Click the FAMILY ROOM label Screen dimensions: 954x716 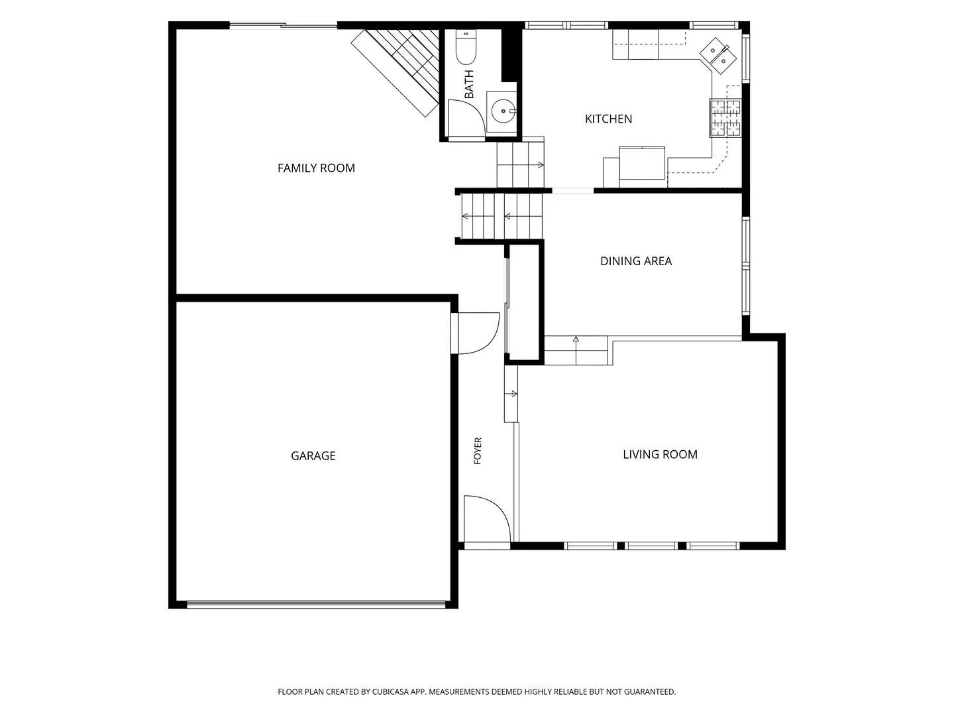pyautogui.click(x=316, y=168)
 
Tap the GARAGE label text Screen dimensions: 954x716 pyautogui.click(x=313, y=455)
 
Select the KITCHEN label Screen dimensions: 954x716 pyautogui.click(x=608, y=119)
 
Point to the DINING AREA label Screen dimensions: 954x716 pyautogui.click(x=636, y=261)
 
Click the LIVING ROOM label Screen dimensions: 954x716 pyautogui.click(x=660, y=454)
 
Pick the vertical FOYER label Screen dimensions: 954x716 pyautogui.click(x=478, y=451)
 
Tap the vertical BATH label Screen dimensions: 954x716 pyautogui.click(x=469, y=84)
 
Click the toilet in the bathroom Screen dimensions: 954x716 pyautogui.click(x=466, y=47)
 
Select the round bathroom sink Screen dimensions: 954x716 pyautogui.click(x=503, y=111)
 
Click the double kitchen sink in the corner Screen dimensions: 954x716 pyautogui.click(x=717, y=56)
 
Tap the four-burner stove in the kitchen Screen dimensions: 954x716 pyautogui.click(x=725, y=118)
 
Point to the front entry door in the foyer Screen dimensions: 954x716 pyautogui.click(x=487, y=519)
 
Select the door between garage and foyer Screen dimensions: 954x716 pyautogui.click(x=476, y=333)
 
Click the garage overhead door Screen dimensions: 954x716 pyautogui.click(x=317, y=604)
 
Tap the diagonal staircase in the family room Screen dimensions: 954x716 pyautogui.click(x=396, y=72)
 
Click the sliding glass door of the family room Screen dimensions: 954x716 pyautogui.click(x=284, y=25)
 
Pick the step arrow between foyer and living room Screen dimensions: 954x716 pyautogui.click(x=511, y=394)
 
